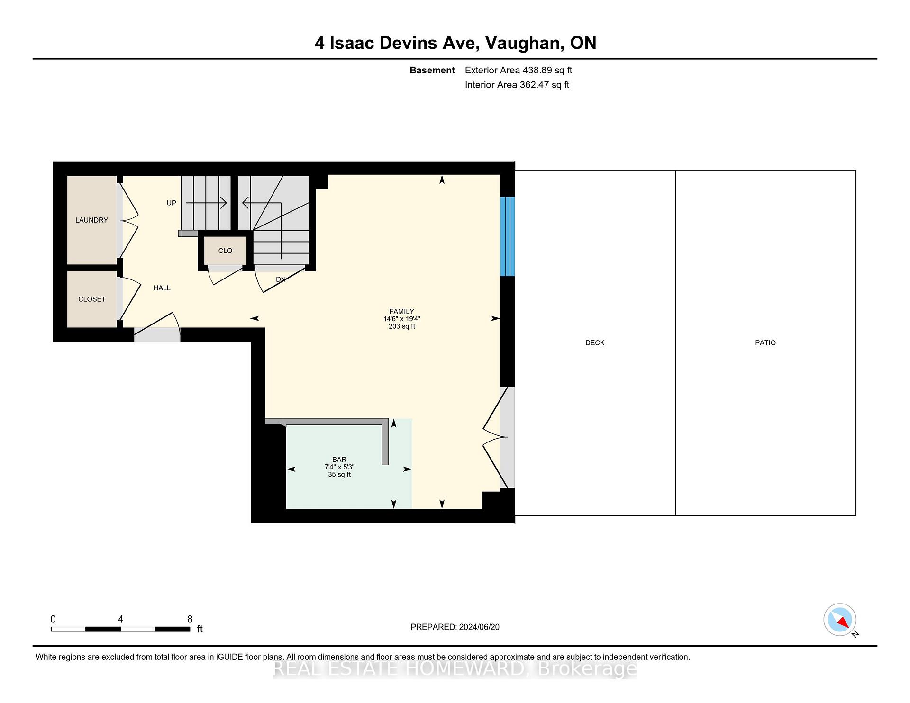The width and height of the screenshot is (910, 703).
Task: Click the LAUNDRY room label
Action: tap(91, 220)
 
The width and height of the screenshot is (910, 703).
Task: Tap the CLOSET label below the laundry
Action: tap(91, 299)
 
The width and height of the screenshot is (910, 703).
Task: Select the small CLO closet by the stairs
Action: tap(225, 251)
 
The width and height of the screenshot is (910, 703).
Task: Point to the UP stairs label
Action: tap(171, 203)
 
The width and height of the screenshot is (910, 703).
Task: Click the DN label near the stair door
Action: tap(281, 279)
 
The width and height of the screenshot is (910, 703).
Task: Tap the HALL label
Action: tap(162, 288)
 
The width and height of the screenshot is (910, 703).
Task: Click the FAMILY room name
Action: tap(401, 311)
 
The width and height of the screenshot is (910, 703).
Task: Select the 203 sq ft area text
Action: tap(401, 326)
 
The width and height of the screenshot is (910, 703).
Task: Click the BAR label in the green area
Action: tap(339, 459)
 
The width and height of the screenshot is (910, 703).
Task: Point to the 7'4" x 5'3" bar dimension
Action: tap(339, 467)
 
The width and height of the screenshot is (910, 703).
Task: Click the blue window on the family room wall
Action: tap(507, 236)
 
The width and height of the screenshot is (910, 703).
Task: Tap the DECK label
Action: tap(594, 342)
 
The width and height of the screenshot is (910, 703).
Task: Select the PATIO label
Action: tap(765, 342)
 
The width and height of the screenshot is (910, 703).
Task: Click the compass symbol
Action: tap(839, 620)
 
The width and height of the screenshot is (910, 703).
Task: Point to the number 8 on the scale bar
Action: tap(190, 619)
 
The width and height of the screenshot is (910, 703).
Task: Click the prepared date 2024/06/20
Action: tap(479, 627)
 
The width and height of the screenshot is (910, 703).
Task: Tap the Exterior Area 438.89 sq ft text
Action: tap(518, 70)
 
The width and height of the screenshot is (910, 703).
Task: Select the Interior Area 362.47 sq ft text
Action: tap(517, 85)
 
